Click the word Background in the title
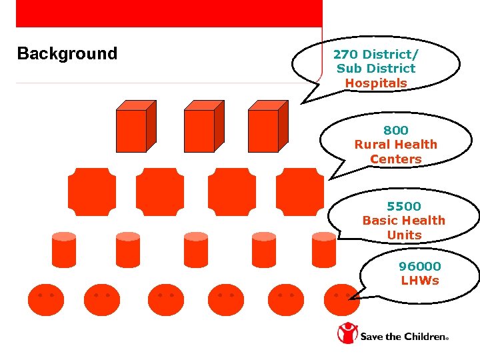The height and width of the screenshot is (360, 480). (67, 54)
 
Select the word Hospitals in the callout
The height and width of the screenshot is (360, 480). (376, 83)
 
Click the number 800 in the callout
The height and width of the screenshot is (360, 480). (396, 130)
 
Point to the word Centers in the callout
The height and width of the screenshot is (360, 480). (396, 159)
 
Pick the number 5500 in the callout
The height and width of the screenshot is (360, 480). (404, 206)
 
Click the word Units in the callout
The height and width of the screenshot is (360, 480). (404, 235)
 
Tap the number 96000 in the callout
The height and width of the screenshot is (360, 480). (420, 266)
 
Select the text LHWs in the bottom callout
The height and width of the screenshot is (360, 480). (420, 281)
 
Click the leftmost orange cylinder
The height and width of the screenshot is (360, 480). (64, 250)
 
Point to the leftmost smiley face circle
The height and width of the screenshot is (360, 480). (45, 299)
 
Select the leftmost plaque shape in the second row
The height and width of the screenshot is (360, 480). (91, 192)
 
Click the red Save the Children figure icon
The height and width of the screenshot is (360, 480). (347, 333)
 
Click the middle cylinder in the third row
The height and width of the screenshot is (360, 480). (196, 250)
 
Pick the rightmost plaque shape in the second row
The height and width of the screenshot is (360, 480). (299, 192)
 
